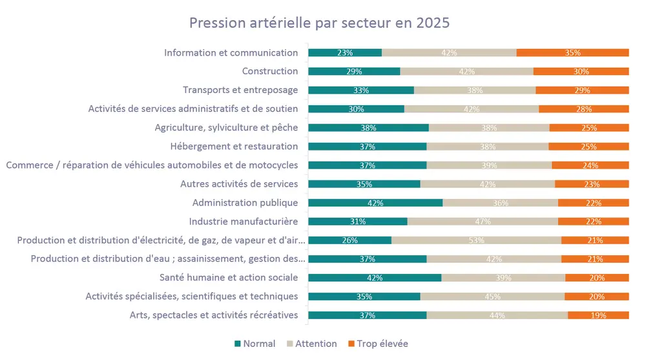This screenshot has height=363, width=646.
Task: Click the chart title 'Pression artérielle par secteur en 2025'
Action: [x=318, y=23]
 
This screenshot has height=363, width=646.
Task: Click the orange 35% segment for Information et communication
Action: [x=572, y=53]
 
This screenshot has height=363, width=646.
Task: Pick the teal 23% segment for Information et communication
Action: [x=345, y=53]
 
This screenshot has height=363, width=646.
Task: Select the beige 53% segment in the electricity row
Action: [x=476, y=240]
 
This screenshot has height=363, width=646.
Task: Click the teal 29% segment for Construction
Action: [x=354, y=72]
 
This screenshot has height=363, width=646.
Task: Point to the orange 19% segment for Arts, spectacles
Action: [x=598, y=315]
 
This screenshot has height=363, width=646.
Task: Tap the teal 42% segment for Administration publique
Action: [x=375, y=203]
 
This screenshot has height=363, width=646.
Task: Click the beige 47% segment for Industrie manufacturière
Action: [x=483, y=222]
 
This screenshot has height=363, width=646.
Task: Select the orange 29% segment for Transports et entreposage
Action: [x=582, y=90]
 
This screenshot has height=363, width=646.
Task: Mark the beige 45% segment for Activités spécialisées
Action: [x=492, y=296]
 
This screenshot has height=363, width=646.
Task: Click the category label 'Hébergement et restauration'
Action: [x=234, y=147]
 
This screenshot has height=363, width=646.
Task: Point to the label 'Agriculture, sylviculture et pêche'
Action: [x=226, y=128]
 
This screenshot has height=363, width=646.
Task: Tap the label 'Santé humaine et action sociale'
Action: [x=229, y=278]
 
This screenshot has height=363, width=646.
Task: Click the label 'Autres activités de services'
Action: [x=239, y=184]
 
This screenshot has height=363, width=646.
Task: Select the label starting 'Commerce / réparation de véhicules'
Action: [x=152, y=165]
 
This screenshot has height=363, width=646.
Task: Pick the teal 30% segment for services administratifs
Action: [x=356, y=109]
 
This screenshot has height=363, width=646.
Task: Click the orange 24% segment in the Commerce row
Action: [x=590, y=165]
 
